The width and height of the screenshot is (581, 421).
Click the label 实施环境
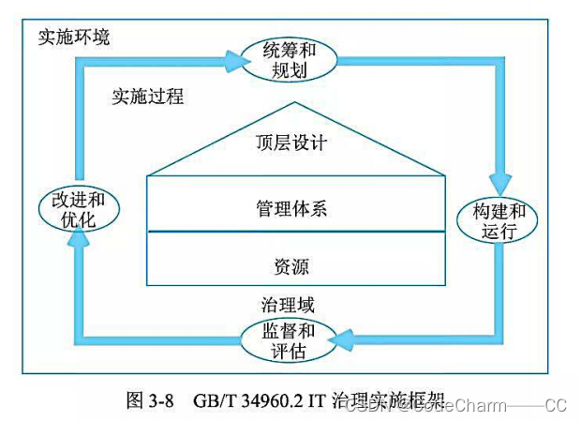[x=73, y=38]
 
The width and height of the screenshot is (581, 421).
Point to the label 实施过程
[x=147, y=97]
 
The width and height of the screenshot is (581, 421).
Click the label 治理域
[x=287, y=305]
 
